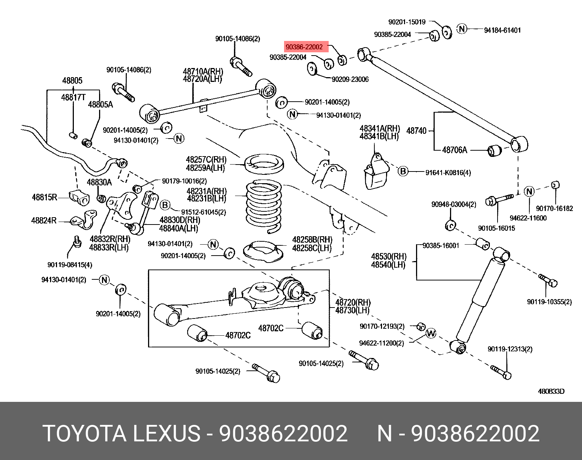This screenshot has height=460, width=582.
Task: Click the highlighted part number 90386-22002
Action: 304,47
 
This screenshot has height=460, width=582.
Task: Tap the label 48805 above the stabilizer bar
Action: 72,80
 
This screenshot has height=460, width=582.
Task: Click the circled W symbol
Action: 431,333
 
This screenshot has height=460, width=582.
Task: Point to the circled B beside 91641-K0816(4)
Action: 403,171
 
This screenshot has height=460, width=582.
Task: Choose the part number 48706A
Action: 454,150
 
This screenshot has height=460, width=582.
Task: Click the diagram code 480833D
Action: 551,391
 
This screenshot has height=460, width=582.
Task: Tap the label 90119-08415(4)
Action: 70,264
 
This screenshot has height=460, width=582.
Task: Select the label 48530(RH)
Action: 389,256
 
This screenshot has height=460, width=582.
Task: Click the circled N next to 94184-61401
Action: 462,29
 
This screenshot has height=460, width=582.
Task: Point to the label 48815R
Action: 45,197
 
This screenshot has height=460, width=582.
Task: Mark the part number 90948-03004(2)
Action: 454,204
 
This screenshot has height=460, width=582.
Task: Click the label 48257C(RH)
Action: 206,159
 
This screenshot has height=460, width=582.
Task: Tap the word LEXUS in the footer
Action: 166,434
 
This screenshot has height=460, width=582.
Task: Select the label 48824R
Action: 44,220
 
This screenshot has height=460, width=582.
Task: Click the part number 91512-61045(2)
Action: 203,212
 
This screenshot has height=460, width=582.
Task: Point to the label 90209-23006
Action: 350,79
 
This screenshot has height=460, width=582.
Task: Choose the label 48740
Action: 416,131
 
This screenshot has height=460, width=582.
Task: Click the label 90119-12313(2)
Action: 510,349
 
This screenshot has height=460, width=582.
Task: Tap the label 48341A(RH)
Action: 380,128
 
